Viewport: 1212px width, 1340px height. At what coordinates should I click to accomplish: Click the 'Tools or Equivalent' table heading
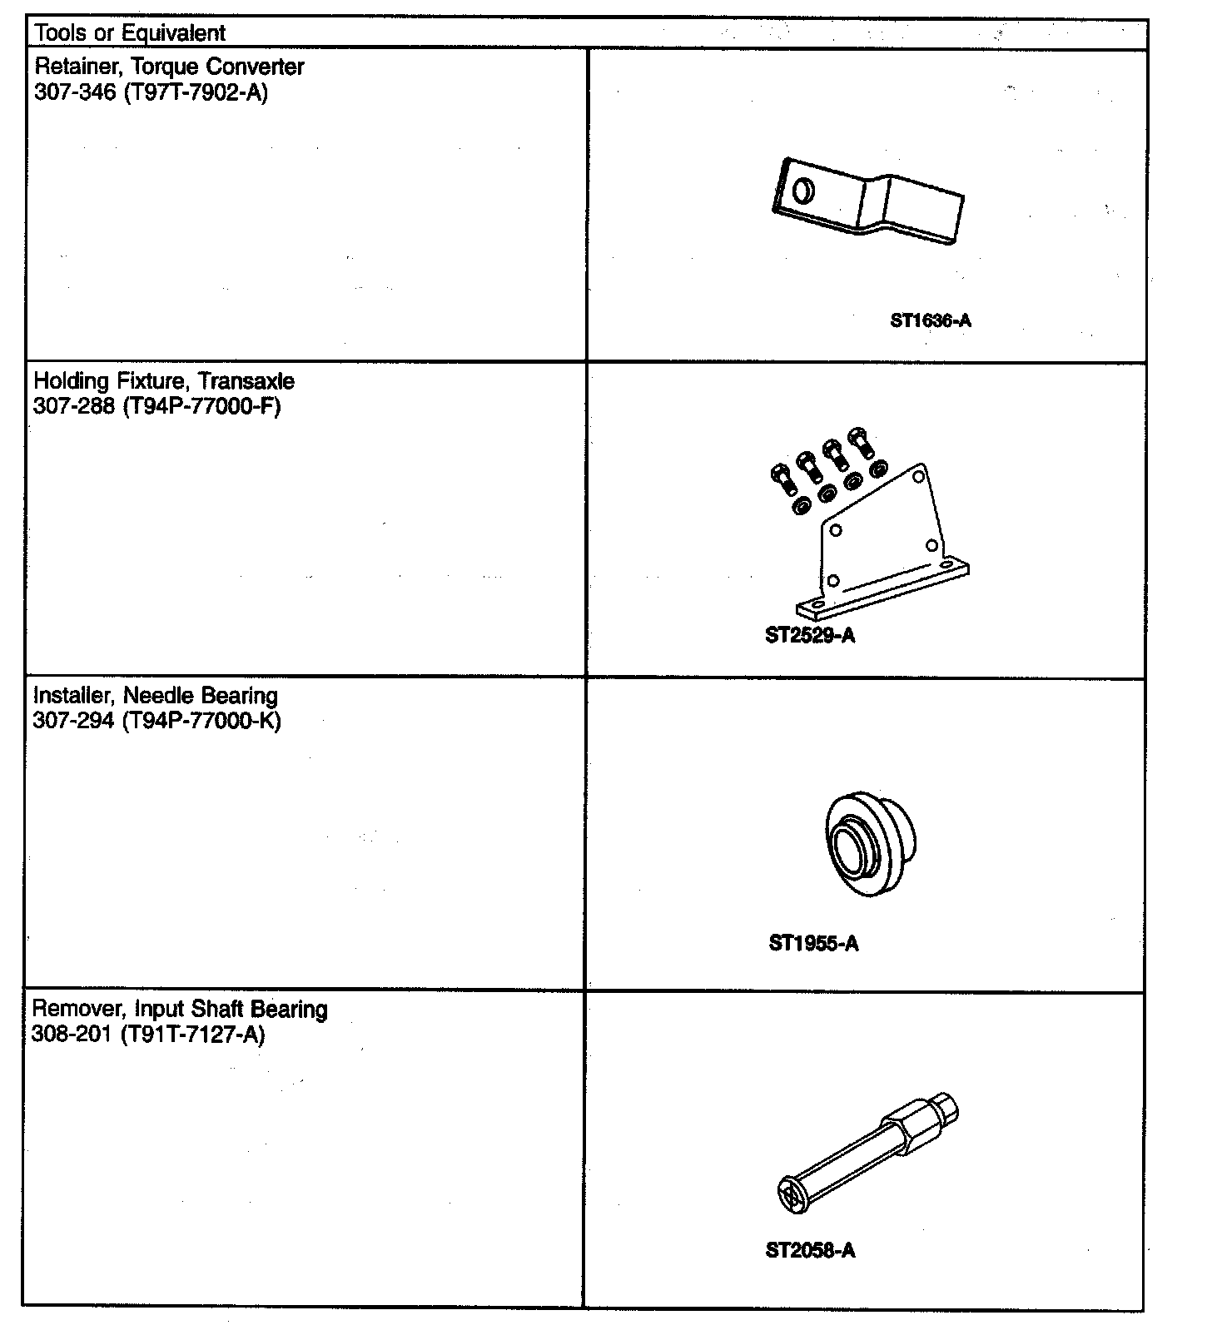(x=130, y=33)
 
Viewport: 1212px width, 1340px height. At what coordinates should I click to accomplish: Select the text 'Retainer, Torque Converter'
(x=169, y=67)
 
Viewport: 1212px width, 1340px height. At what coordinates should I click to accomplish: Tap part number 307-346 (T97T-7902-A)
(x=151, y=92)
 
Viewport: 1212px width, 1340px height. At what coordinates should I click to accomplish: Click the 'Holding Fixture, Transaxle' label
(x=164, y=381)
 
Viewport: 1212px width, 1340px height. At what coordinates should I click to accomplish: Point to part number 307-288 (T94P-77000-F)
(x=156, y=407)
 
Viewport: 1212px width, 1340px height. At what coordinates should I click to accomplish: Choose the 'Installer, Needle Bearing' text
(x=156, y=696)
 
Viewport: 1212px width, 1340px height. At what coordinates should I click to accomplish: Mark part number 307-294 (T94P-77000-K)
(x=156, y=721)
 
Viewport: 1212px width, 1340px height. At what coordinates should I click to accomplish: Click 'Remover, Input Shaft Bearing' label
(x=180, y=1010)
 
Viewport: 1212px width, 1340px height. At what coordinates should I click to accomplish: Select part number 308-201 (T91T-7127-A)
(x=148, y=1035)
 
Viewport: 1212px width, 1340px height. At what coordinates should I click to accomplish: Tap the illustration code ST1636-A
(x=930, y=320)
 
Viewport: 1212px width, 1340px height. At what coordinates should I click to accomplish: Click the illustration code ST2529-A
(x=810, y=636)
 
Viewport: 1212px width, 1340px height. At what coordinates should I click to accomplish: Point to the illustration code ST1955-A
(x=813, y=943)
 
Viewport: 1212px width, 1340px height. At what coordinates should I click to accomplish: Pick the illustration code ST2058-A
(x=810, y=1250)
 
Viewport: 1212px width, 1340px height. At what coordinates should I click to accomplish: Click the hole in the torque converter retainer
(x=803, y=191)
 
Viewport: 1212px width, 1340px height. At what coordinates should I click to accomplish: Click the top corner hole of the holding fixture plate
(x=917, y=477)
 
